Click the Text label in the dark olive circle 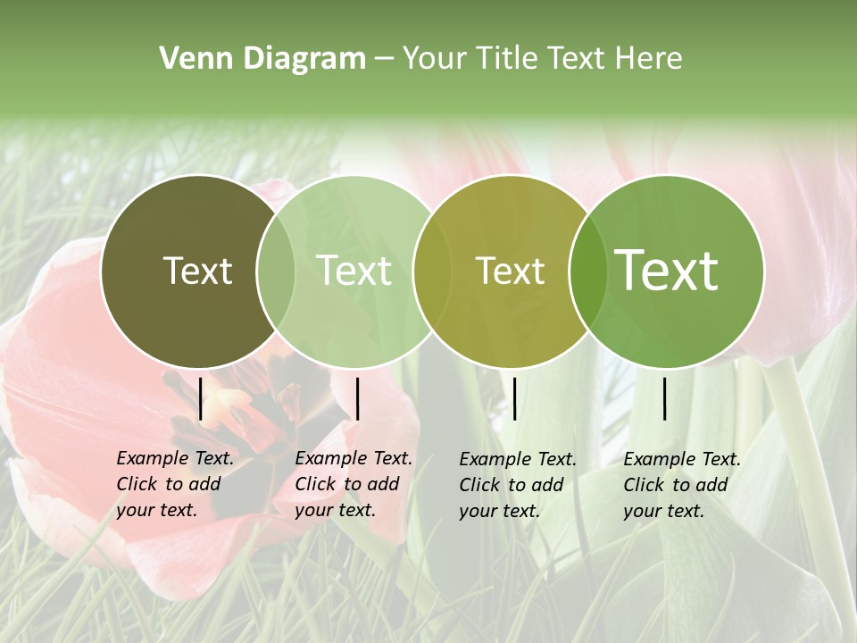(197, 271)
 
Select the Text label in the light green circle (354, 271)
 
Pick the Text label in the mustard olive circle (510, 271)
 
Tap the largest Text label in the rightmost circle (667, 270)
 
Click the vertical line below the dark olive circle (200, 398)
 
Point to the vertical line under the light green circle (357, 398)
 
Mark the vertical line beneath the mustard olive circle (514, 398)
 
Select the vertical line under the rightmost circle (665, 398)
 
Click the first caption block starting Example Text (175, 484)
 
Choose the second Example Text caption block (354, 484)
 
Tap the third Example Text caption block (518, 485)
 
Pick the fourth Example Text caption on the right (682, 485)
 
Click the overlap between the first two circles (276, 271)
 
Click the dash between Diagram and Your (384, 58)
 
